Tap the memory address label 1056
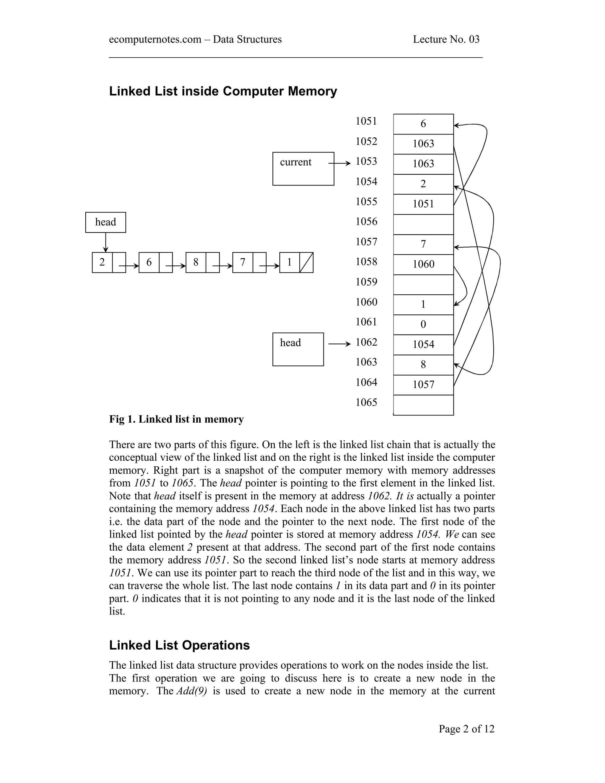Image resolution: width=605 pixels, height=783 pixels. tap(366, 222)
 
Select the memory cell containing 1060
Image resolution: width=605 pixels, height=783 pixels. tap(423, 264)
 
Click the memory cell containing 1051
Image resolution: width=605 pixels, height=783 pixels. tap(423, 204)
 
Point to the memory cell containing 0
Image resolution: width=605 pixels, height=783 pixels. tap(423, 324)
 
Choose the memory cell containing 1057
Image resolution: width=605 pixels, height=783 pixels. tap(423, 385)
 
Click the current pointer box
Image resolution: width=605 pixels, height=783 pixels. tap(303, 168)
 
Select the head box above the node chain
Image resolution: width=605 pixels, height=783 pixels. tap(105, 222)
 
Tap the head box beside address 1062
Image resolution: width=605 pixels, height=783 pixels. tap(297, 349)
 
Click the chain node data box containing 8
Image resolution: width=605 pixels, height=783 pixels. tap(196, 262)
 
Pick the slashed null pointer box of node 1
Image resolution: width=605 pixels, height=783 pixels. tap(306, 262)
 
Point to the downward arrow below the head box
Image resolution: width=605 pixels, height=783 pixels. tap(105, 242)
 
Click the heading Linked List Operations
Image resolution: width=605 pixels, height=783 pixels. tap(179, 645)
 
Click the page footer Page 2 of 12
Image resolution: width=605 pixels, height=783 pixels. tap(466, 729)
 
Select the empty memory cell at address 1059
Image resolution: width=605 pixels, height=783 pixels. tap(423, 285)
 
